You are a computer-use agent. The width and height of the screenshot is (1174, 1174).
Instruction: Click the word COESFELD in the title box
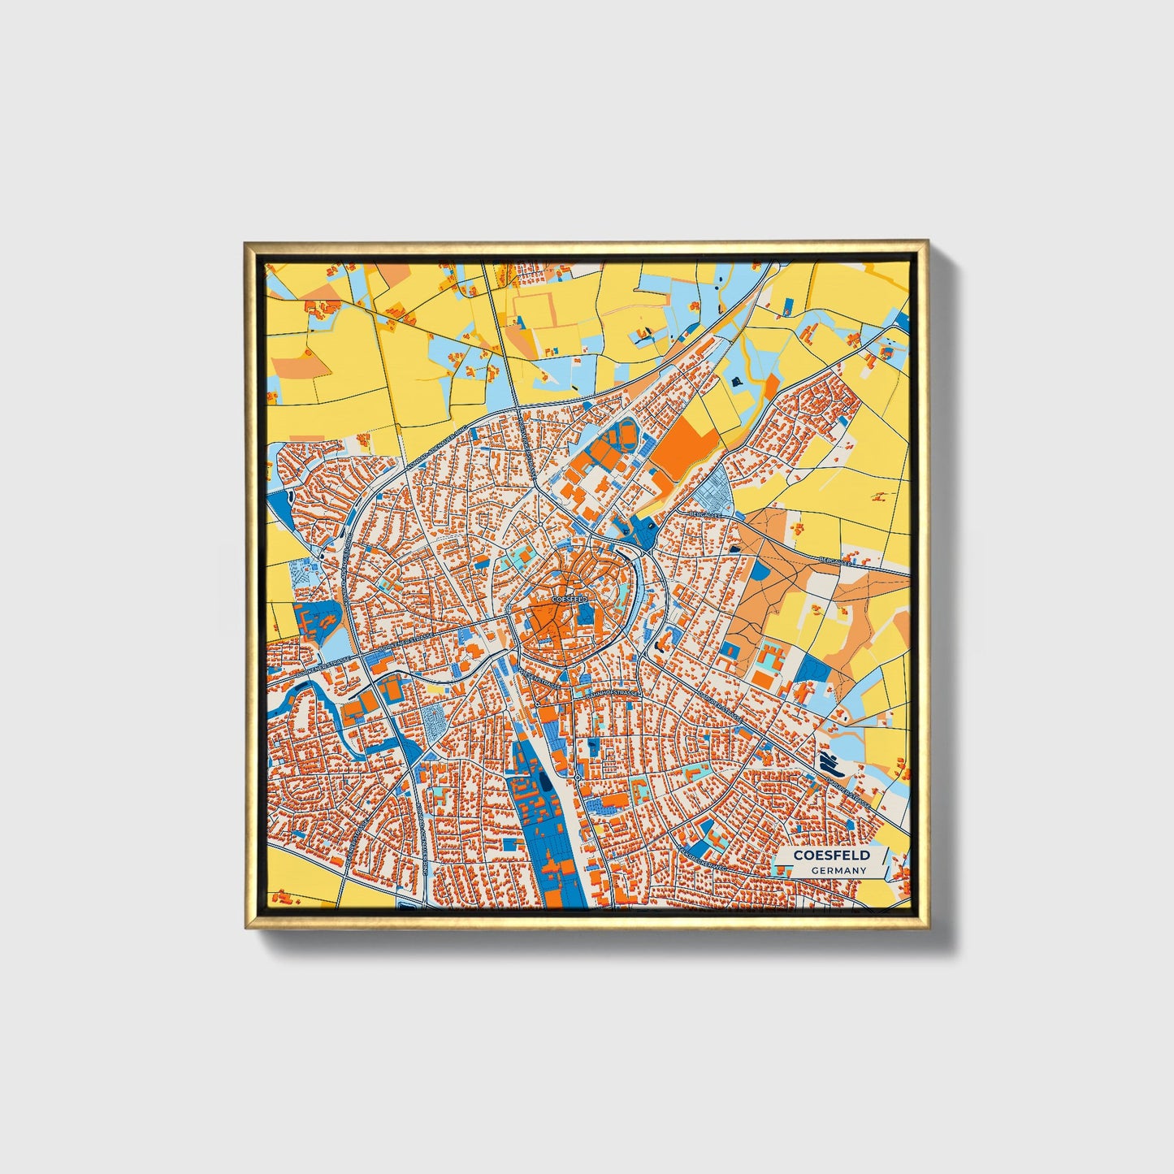pos(831,855)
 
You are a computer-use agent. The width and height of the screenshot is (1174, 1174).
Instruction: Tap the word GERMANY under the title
pos(839,870)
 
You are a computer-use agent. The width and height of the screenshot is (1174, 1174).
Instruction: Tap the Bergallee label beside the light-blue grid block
pos(704,514)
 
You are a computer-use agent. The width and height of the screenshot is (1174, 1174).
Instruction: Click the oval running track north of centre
pos(627,436)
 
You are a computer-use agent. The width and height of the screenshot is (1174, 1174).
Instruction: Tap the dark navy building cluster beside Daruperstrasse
pos(830,764)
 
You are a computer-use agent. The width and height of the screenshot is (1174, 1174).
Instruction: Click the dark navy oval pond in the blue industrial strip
pos(543,785)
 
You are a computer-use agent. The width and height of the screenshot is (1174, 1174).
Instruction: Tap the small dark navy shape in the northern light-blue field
pos(738,381)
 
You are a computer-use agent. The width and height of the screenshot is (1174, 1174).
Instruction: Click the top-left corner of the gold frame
pos(245,242)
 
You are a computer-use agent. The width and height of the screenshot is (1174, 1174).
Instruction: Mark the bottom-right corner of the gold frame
pos(928,928)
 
